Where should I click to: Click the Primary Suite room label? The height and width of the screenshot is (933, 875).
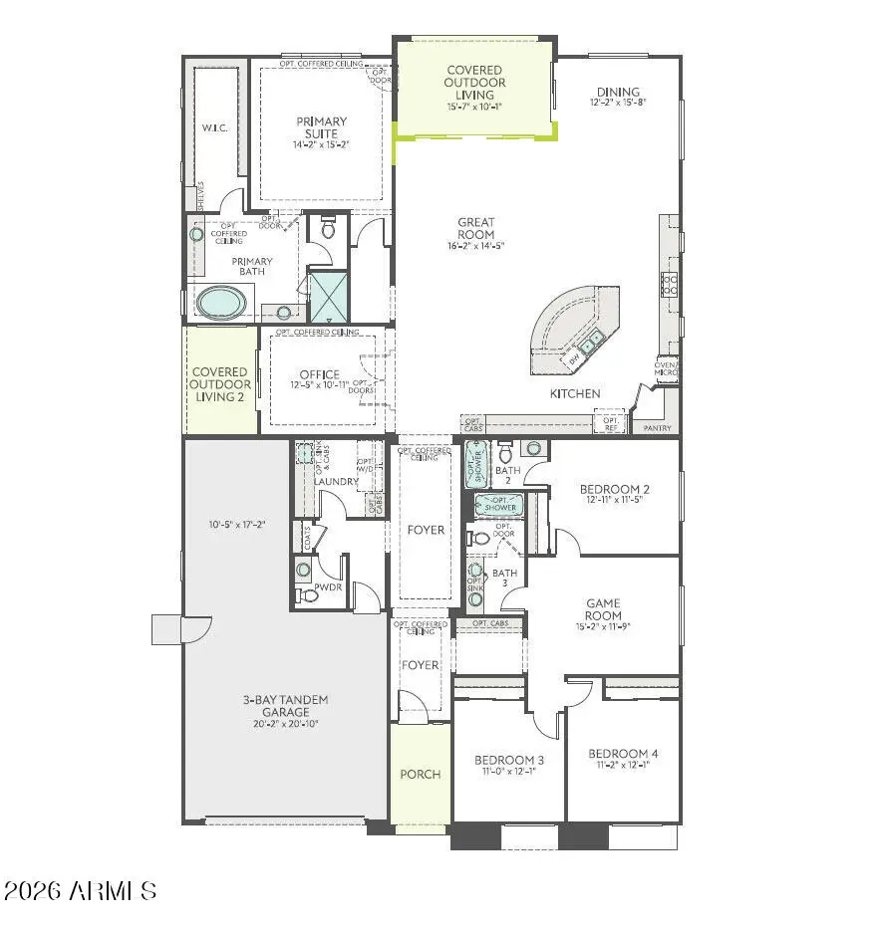click(x=322, y=127)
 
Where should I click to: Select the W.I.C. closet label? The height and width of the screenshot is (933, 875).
click(x=216, y=127)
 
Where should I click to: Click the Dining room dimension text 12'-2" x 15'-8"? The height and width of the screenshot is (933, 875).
click(x=619, y=103)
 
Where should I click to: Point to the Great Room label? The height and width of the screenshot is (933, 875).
click(x=476, y=228)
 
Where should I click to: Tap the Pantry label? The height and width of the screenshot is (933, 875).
click(x=658, y=428)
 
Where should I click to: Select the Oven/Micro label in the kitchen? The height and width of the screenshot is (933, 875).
click(x=665, y=369)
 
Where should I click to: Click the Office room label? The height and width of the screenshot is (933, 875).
click(x=319, y=374)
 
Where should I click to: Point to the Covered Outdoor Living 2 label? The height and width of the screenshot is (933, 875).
click(x=219, y=384)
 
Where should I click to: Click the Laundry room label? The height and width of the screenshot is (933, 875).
click(x=336, y=482)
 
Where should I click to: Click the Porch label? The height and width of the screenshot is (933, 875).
click(x=420, y=774)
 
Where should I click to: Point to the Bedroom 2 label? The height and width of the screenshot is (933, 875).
click(x=615, y=489)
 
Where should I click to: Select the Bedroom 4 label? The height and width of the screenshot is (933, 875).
click(x=623, y=754)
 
